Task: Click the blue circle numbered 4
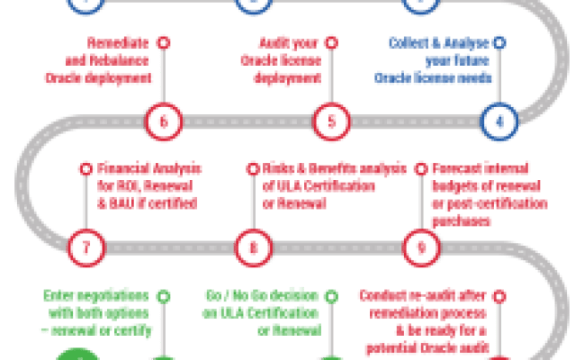pyautogui.click(x=499, y=119)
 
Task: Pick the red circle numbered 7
pyautogui.click(x=85, y=244)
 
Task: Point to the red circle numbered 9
pyautogui.click(x=421, y=244)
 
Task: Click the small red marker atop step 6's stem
pyautogui.click(x=163, y=41)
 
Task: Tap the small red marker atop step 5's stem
pyautogui.click(x=331, y=41)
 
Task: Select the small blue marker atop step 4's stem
pyautogui.click(x=499, y=41)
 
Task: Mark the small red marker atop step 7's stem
pyautogui.click(x=85, y=167)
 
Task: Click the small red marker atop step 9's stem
pyautogui.click(x=421, y=167)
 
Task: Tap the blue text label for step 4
pyautogui.click(x=436, y=60)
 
